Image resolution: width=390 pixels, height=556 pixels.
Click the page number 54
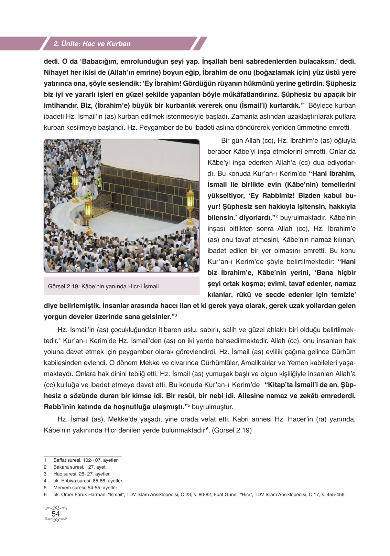click(x=56, y=514)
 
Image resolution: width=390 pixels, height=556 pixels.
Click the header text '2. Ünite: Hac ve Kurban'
click(x=92, y=44)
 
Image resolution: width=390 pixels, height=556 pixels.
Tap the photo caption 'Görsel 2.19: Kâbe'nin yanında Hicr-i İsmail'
click(x=103, y=286)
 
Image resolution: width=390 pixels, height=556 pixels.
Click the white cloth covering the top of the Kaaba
click(x=148, y=151)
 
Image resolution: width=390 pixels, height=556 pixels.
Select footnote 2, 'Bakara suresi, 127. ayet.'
click(x=80, y=467)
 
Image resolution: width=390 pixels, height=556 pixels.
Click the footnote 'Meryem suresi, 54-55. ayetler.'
click(x=86, y=488)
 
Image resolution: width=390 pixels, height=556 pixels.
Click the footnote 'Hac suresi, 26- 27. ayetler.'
click(x=82, y=474)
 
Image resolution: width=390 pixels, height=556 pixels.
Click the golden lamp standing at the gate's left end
click(x=88, y=209)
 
